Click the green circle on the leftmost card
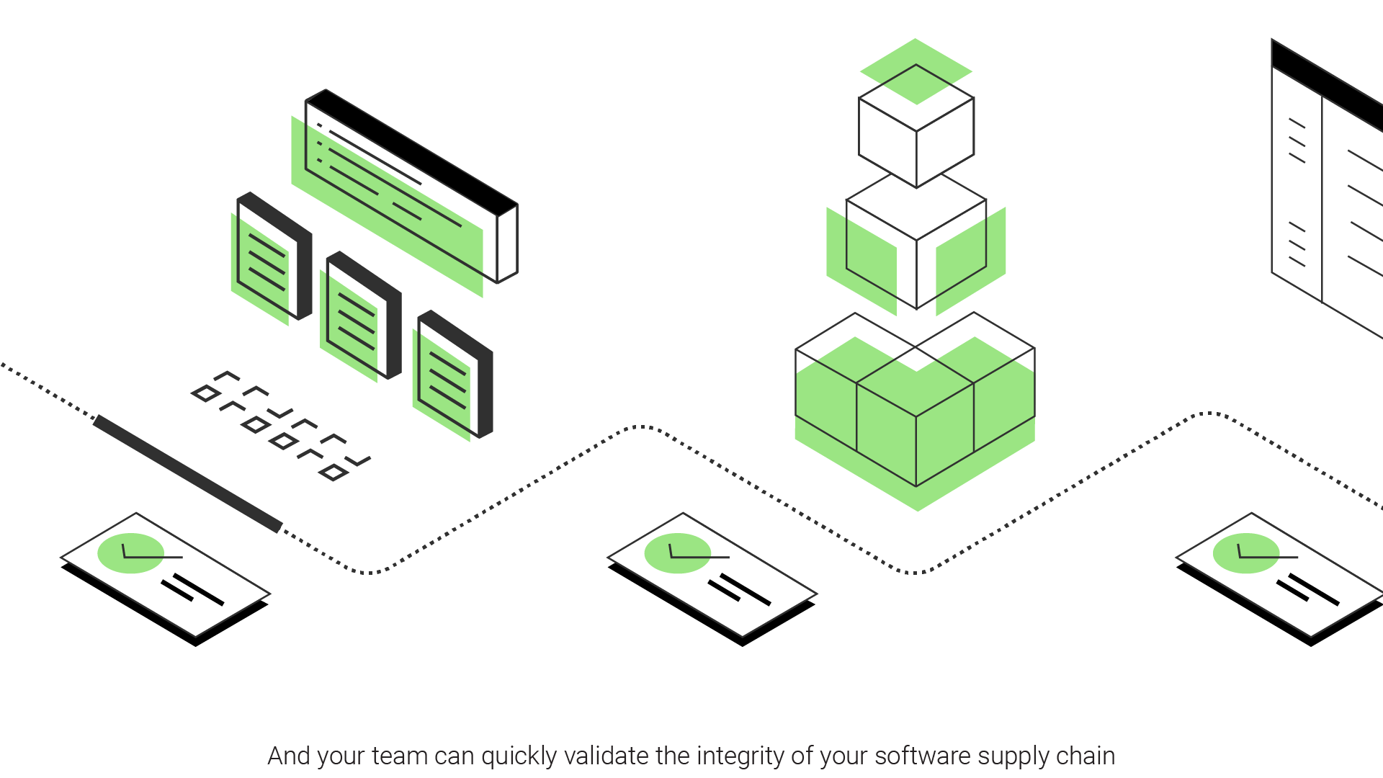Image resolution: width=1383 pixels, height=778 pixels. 130,553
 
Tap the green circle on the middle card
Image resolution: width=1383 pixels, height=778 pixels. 677,553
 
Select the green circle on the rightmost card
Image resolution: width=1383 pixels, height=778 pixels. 1245,553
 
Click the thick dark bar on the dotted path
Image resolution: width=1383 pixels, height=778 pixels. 187,473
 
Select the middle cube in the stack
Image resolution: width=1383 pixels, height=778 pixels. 916,241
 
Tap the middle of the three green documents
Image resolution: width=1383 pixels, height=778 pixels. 357,321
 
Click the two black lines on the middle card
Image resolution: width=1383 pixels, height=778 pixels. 739,589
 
